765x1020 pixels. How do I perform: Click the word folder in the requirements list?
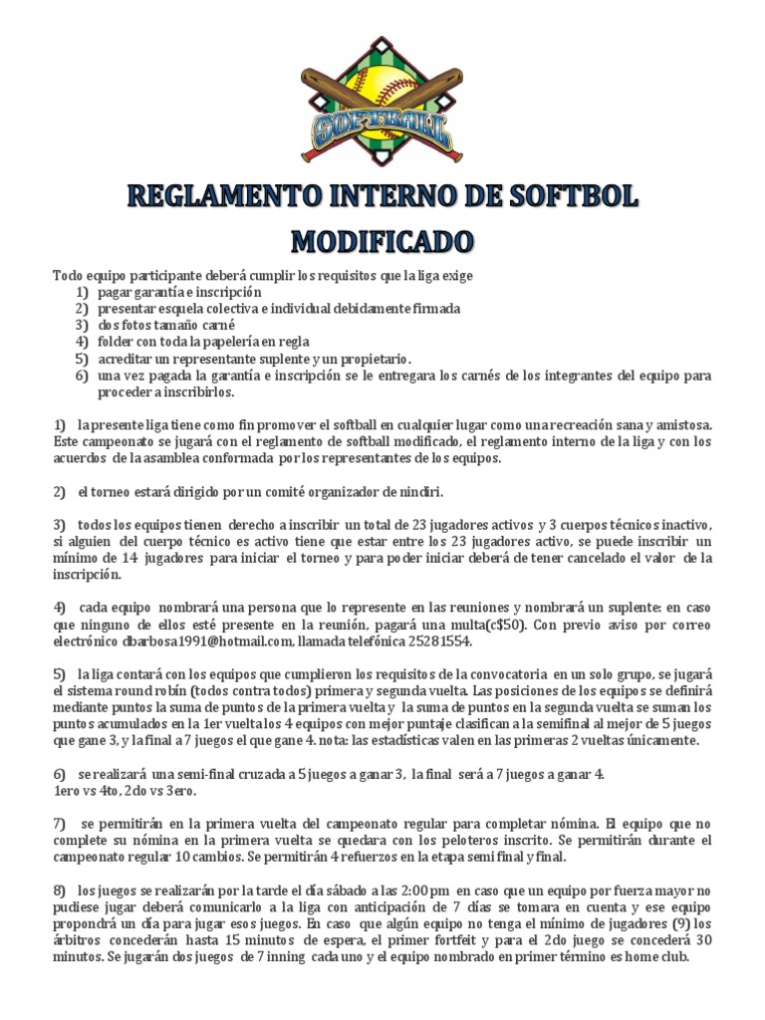tap(118, 341)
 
